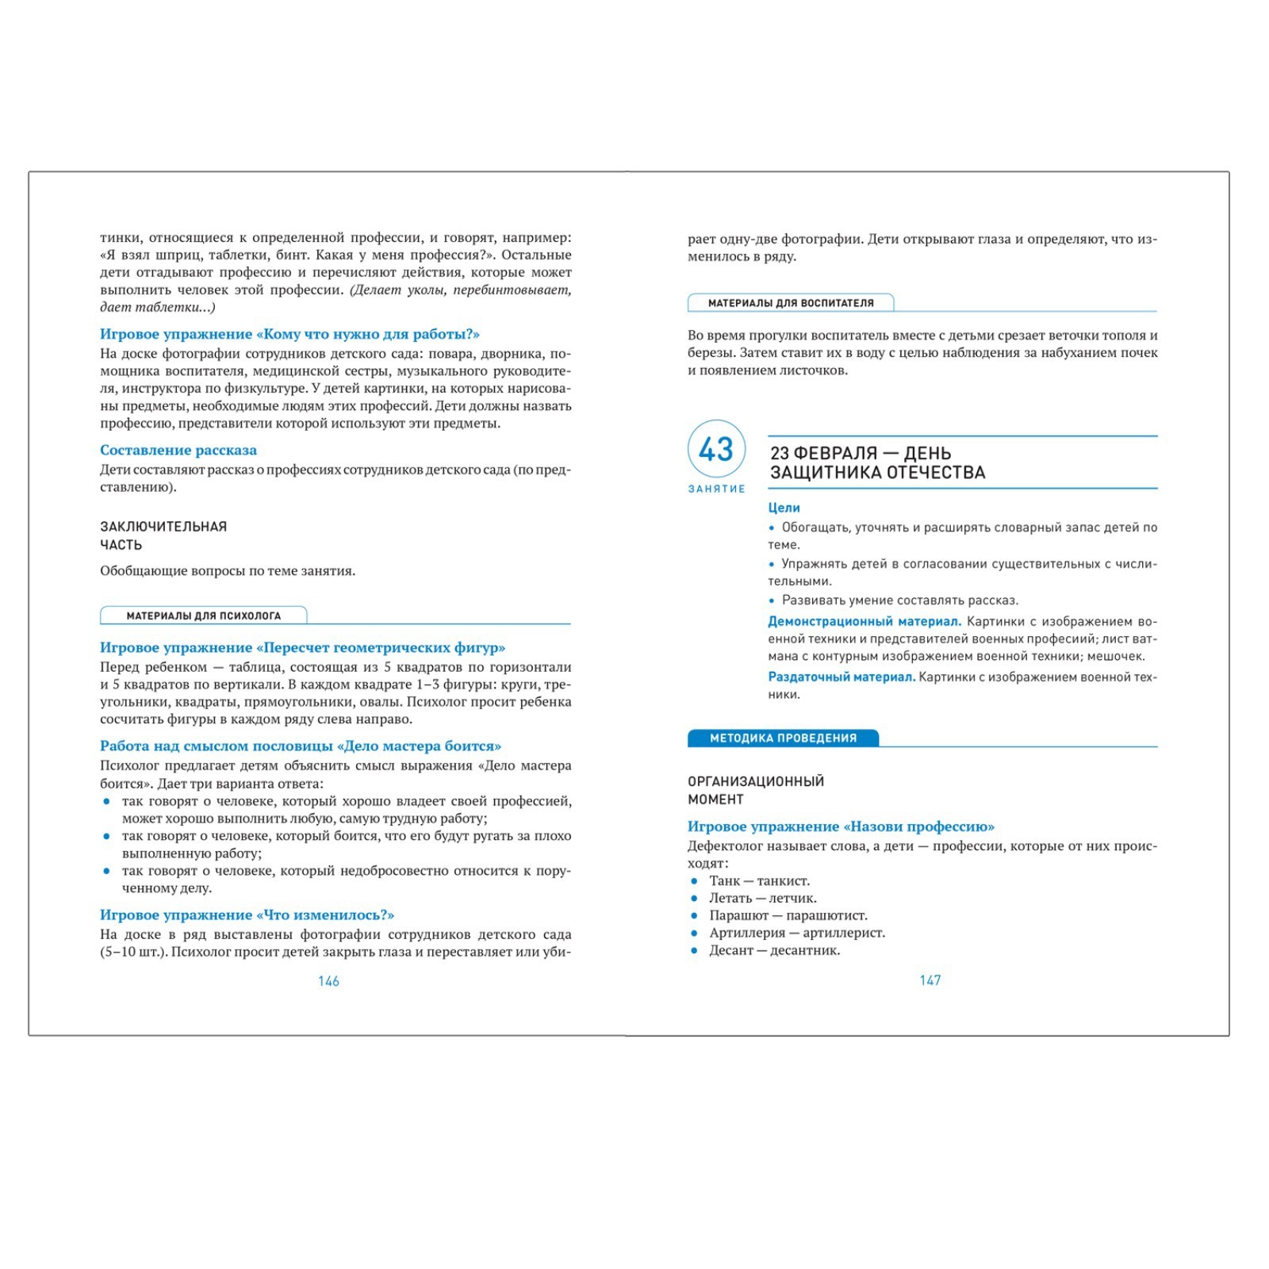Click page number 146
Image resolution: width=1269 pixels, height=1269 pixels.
(x=328, y=981)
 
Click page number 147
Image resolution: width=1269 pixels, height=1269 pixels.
(x=930, y=980)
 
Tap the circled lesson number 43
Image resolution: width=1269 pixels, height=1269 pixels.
(x=716, y=450)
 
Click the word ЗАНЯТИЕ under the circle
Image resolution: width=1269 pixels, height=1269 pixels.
(x=716, y=489)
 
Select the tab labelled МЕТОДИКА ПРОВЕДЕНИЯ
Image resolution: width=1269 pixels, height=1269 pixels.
(x=783, y=738)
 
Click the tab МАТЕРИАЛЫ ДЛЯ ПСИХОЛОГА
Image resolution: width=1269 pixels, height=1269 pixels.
(x=204, y=615)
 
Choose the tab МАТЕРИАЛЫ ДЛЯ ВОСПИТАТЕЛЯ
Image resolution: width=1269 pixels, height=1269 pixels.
(x=791, y=303)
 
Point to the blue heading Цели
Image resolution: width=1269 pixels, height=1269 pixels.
(x=784, y=508)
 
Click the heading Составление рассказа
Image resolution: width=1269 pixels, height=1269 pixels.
(x=178, y=450)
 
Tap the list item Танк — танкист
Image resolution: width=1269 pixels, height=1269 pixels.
(x=759, y=880)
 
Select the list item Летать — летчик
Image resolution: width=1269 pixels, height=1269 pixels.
(x=762, y=898)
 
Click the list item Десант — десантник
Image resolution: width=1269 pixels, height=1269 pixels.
(x=774, y=950)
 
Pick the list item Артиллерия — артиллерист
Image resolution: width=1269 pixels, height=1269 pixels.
(x=796, y=933)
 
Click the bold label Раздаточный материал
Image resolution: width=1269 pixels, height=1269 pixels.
(x=842, y=677)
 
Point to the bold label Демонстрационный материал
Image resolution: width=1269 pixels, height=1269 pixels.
(x=865, y=622)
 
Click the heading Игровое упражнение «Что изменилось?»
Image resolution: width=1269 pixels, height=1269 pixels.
(x=247, y=915)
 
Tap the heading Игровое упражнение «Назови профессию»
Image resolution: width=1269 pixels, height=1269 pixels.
(x=841, y=826)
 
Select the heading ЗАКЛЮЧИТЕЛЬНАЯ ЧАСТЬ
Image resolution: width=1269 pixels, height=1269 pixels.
(x=163, y=535)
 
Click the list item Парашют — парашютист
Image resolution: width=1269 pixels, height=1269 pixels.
(x=788, y=915)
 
